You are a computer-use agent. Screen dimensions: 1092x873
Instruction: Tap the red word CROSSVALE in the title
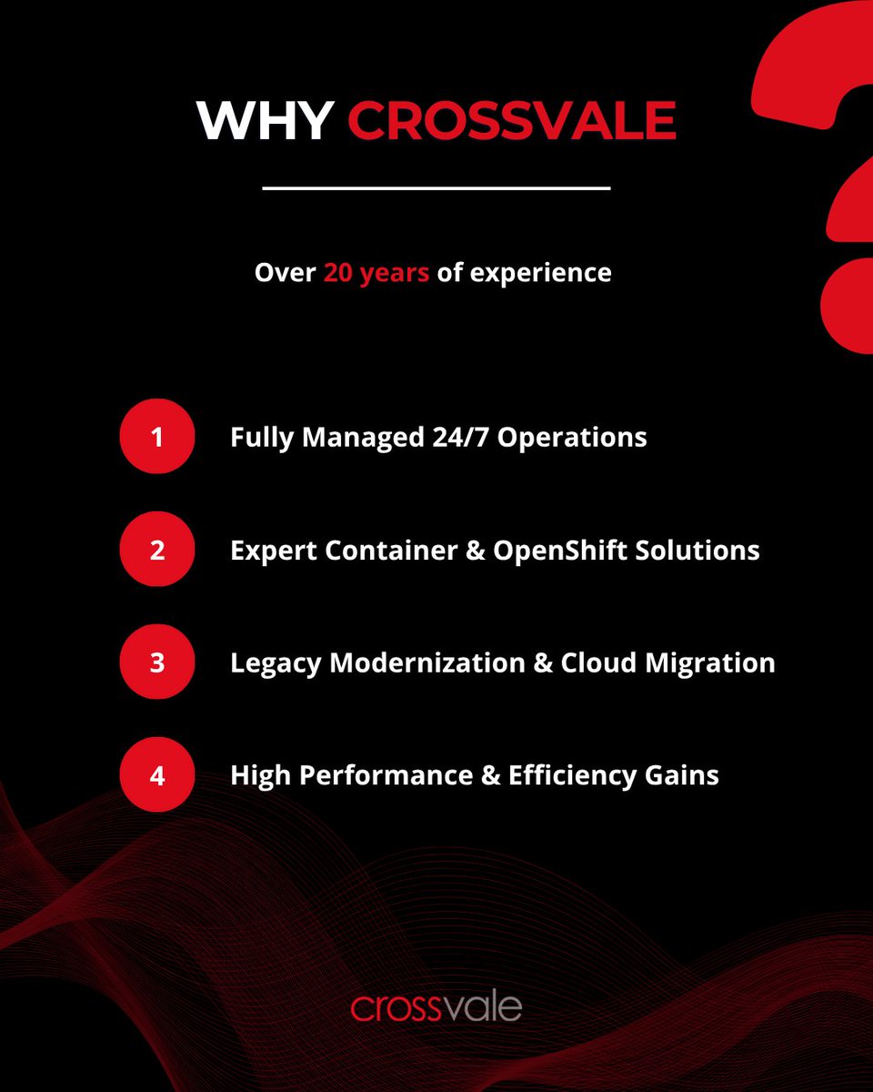(512, 119)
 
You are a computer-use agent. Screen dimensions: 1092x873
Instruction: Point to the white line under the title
(436, 188)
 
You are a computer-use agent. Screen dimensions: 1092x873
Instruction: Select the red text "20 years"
(376, 273)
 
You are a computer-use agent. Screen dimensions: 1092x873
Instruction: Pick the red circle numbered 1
(157, 437)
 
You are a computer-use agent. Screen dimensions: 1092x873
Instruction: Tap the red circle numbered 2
(157, 550)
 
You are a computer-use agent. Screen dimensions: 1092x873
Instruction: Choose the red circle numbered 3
(157, 662)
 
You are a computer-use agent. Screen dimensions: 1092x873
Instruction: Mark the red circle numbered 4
(157, 775)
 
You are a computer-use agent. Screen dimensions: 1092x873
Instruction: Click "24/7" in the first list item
(459, 437)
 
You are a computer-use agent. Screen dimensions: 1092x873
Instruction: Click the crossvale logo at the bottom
(436, 1007)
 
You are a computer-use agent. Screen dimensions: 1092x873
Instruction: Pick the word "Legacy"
(276, 664)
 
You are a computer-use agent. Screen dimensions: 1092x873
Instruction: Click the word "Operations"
(572, 438)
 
